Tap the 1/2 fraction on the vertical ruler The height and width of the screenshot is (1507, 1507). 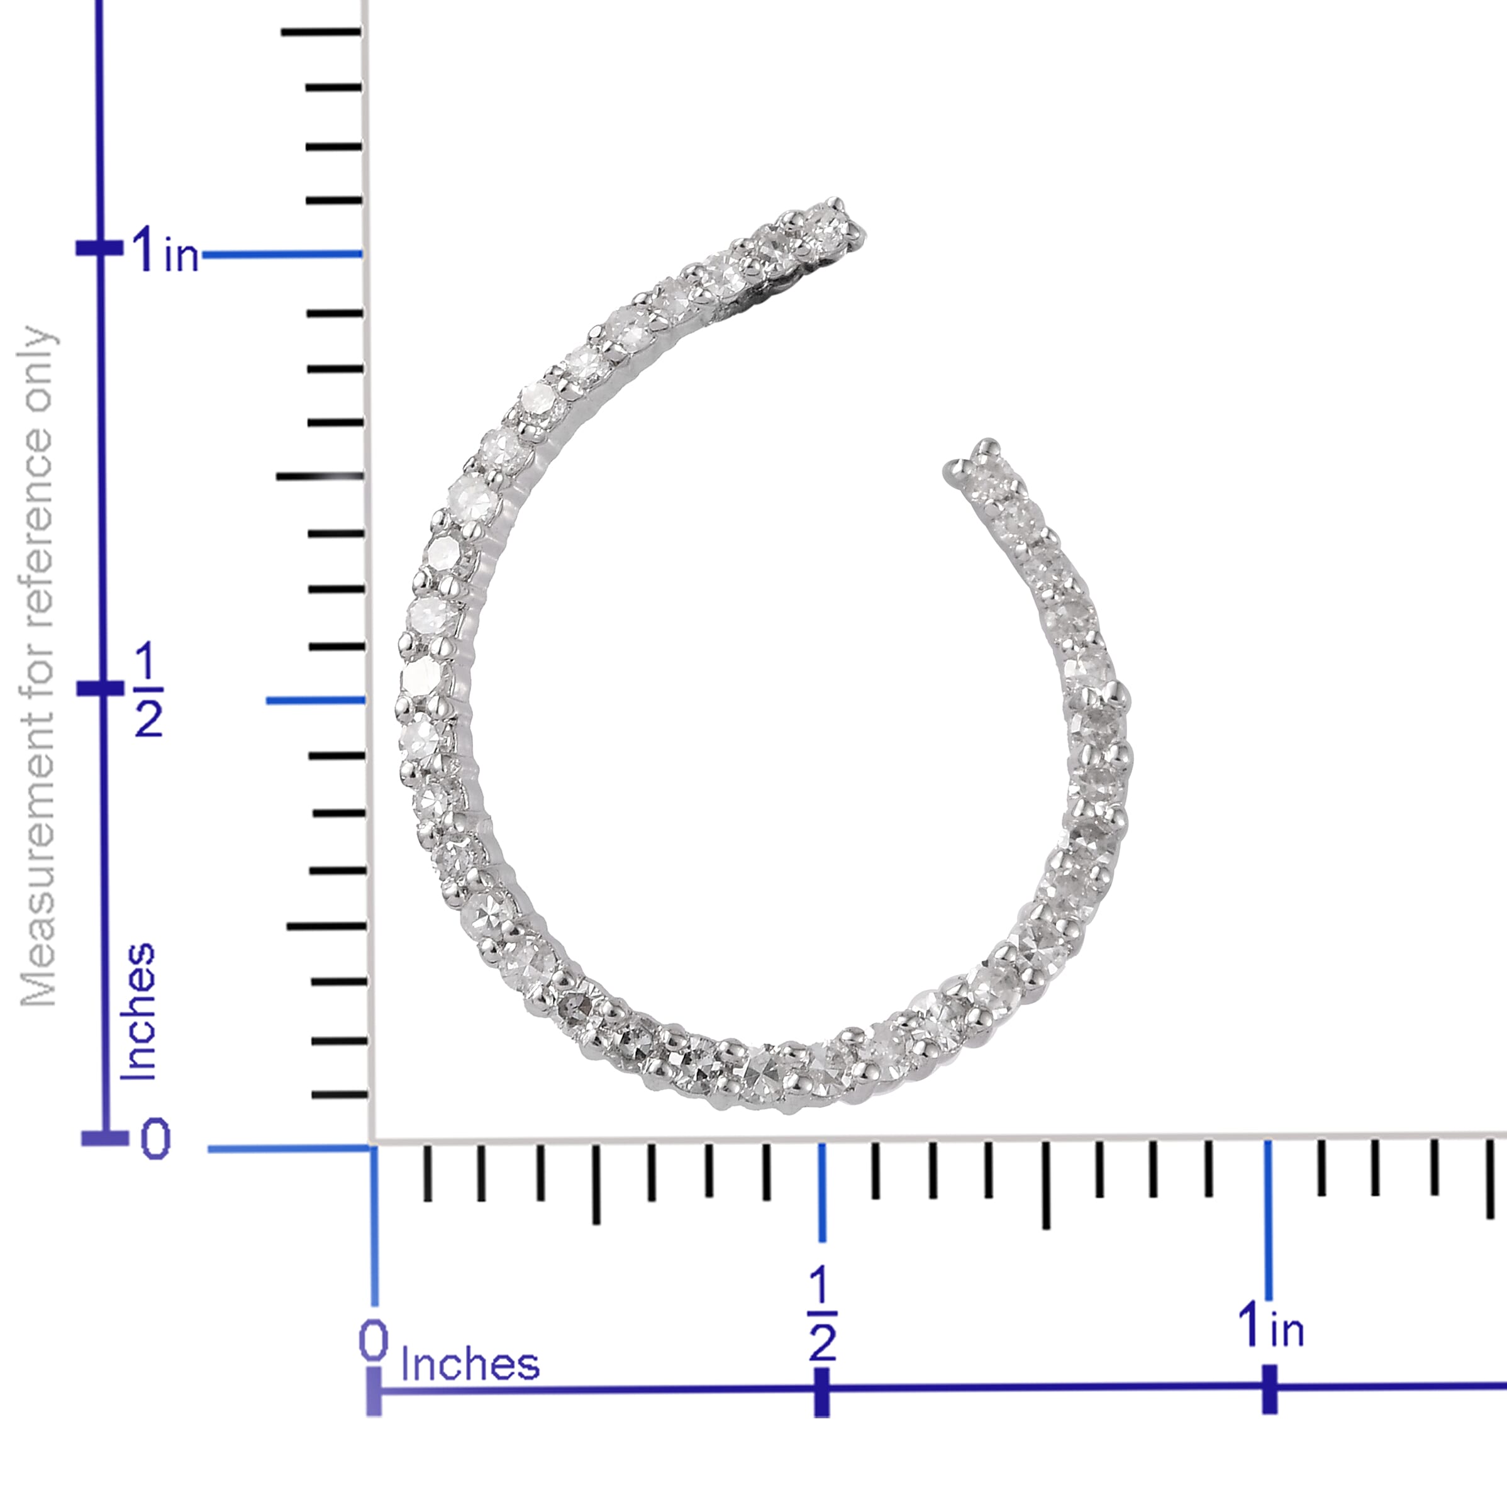point(148,691)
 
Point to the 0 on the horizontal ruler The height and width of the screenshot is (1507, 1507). point(373,1340)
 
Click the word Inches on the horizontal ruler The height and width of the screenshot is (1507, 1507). point(470,1364)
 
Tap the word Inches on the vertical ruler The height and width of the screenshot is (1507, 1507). point(138,1011)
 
